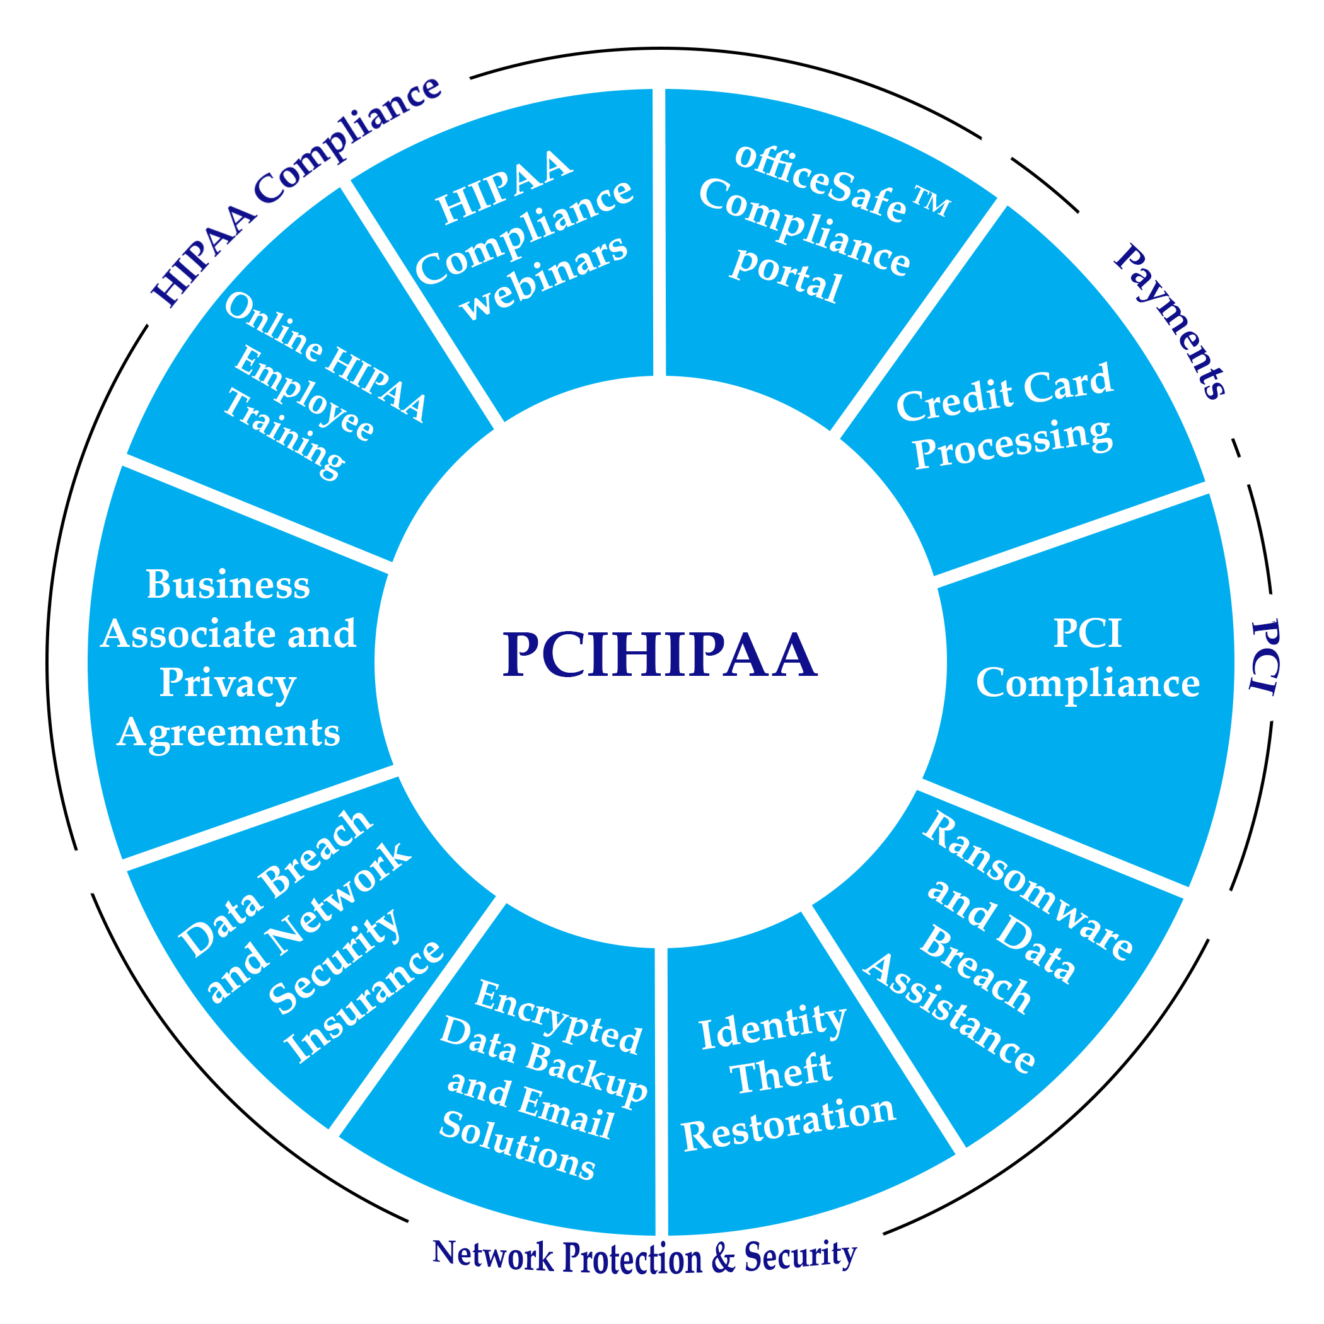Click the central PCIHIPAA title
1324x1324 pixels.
coord(659,656)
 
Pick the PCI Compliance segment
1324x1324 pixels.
coord(1088,658)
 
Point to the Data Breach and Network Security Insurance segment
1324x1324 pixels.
coord(308,939)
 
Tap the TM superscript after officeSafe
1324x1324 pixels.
coord(931,204)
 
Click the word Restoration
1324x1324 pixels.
coord(788,1124)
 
